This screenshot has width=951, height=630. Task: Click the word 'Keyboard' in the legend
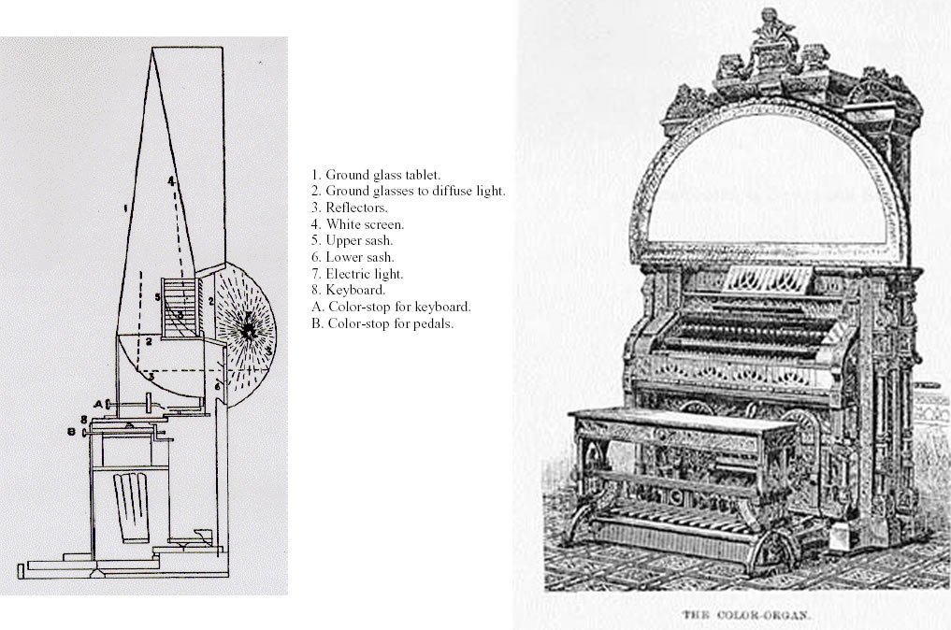pyautogui.click(x=355, y=291)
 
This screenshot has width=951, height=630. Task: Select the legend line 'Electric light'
pyautogui.click(x=365, y=274)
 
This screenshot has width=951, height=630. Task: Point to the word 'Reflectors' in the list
pyautogui.click(x=356, y=208)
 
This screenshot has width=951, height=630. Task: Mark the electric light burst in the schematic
pyautogui.click(x=250, y=330)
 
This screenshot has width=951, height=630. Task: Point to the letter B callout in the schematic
pyautogui.click(x=70, y=431)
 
